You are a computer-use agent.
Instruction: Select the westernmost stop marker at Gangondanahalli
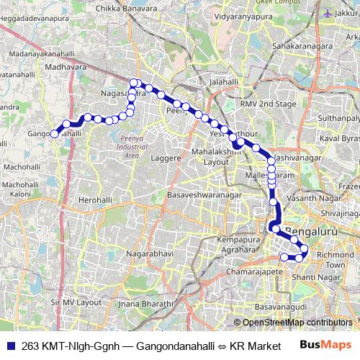coord(54,133)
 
